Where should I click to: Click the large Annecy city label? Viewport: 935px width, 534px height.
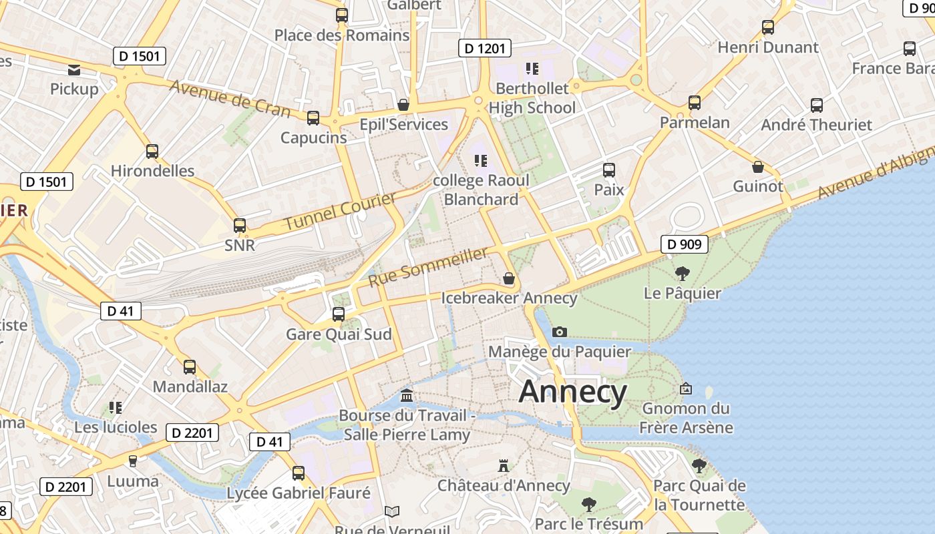click(573, 391)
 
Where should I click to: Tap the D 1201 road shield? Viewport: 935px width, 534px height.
click(485, 48)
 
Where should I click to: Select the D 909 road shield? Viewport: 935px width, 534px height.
click(685, 244)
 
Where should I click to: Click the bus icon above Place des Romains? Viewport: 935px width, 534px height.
click(342, 15)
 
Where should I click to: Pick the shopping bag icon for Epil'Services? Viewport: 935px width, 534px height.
click(403, 105)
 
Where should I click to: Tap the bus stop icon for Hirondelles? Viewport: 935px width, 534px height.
click(152, 152)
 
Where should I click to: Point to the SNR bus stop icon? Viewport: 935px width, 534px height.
click(240, 226)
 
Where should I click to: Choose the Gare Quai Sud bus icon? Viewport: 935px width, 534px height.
click(339, 314)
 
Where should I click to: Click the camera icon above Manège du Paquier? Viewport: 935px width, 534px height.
click(560, 332)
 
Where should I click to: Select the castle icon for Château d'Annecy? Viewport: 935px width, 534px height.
click(504, 465)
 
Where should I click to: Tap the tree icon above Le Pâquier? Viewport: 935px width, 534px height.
click(682, 273)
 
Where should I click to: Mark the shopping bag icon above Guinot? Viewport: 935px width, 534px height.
click(757, 167)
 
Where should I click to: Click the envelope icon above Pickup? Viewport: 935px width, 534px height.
click(74, 69)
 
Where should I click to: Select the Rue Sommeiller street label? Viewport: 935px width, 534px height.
click(428, 267)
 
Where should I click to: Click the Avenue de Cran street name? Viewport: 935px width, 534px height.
click(230, 97)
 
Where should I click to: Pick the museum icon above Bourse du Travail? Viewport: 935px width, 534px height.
click(407, 396)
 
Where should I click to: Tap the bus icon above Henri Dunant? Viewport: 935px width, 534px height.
click(768, 27)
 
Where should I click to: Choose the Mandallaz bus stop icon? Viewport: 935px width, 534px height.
click(190, 367)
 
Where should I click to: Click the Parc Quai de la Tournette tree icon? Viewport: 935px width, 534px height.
click(699, 465)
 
